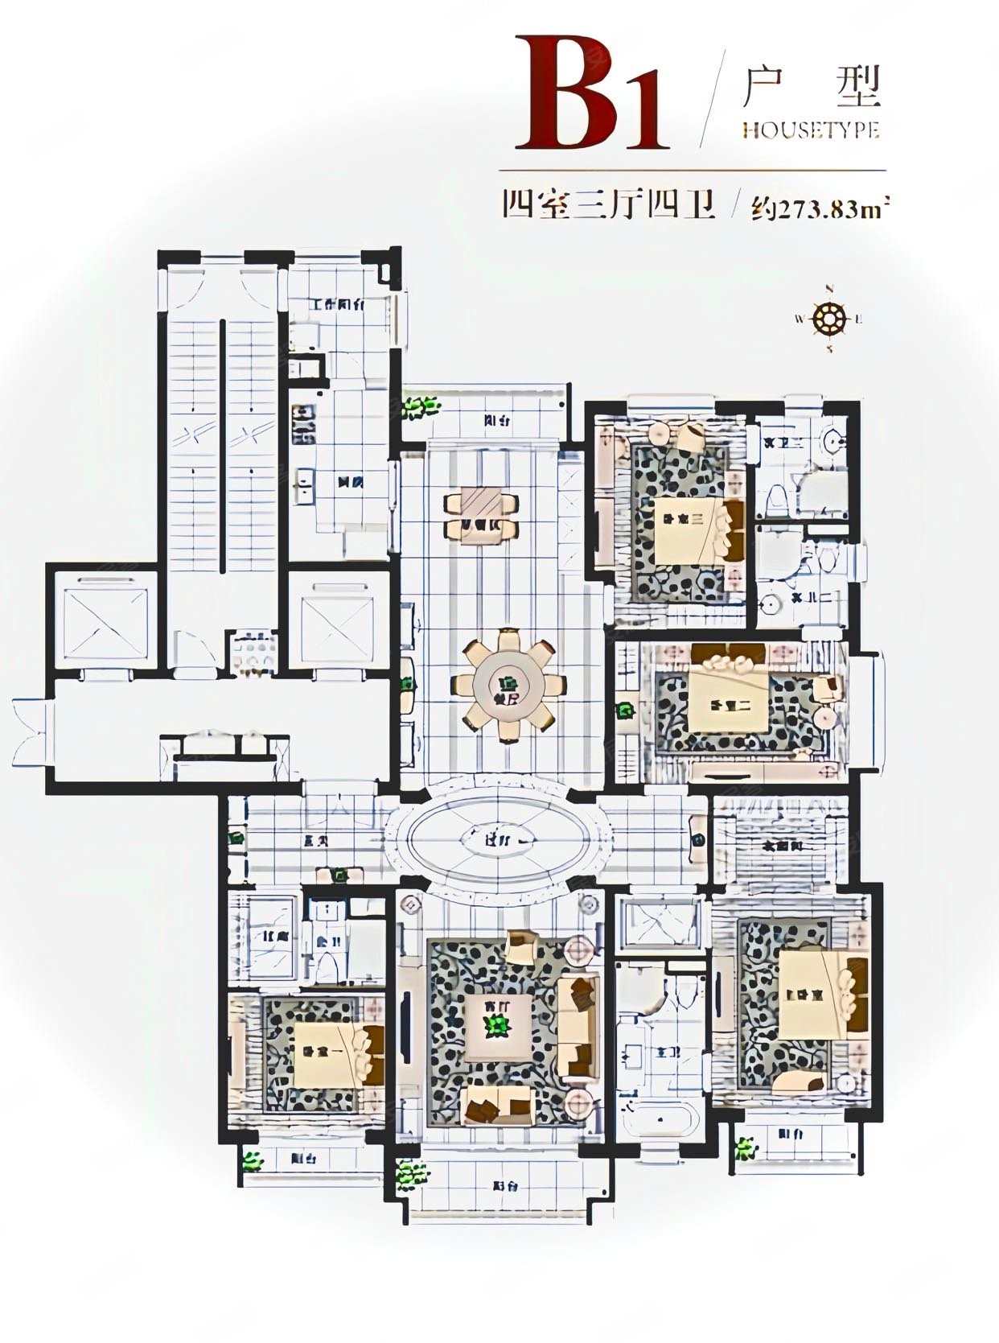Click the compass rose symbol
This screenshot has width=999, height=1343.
[828, 319]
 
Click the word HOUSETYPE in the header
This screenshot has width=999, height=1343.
[810, 130]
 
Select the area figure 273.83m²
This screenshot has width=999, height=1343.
[820, 209]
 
